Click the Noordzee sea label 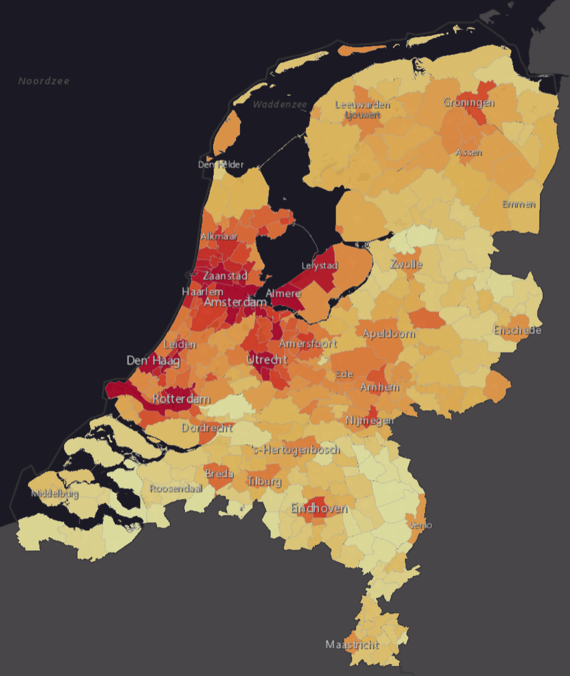(43, 81)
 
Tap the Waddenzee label (279, 104)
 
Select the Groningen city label (468, 103)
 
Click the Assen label (468, 152)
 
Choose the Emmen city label (519, 204)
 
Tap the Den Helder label (221, 164)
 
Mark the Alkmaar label (219, 237)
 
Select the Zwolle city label (406, 264)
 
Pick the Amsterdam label (236, 303)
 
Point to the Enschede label (517, 330)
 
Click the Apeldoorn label (388, 333)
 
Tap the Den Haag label (153, 361)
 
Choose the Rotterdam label (180, 399)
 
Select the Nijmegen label (370, 420)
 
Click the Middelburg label (55, 494)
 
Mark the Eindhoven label (319, 508)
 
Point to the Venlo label (421, 525)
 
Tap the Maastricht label (352, 645)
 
